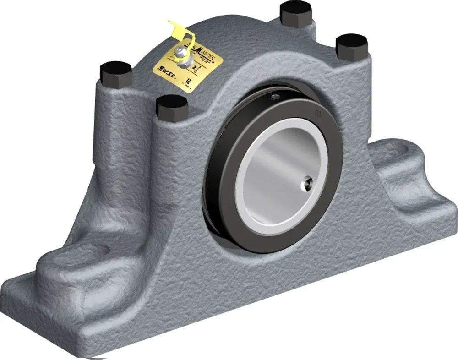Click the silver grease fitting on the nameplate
[183, 58]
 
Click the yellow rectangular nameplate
[188, 67]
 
